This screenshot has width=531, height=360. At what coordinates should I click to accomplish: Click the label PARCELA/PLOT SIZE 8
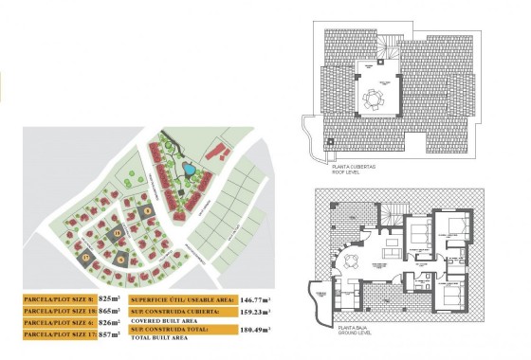59,297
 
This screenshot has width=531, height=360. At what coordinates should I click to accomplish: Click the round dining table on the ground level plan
352,261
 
